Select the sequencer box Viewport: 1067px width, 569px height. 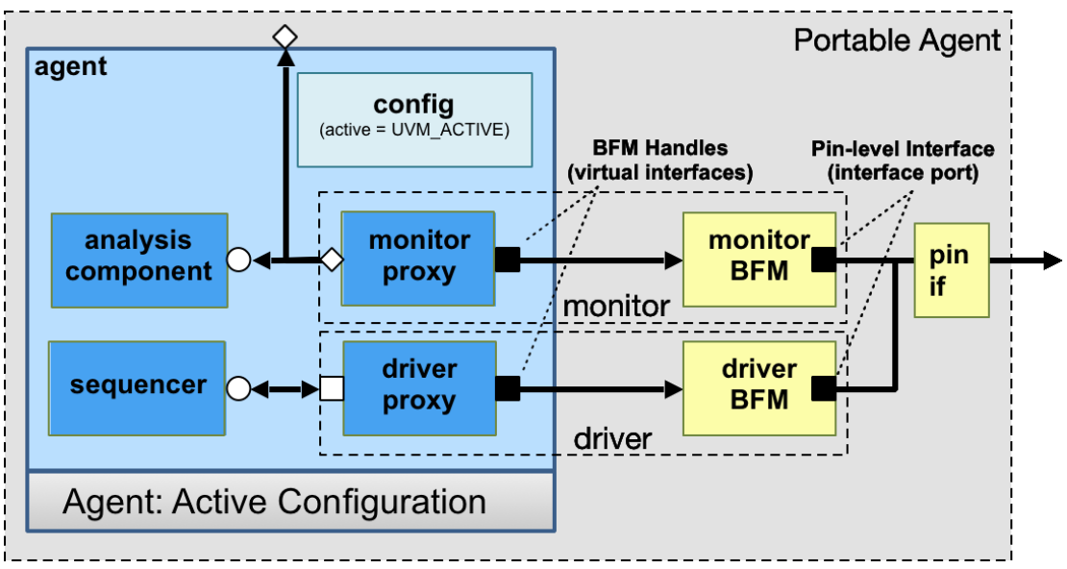click(137, 386)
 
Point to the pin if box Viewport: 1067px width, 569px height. click(951, 270)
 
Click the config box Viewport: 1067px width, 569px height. click(414, 118)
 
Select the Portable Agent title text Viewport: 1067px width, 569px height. click(897, 40)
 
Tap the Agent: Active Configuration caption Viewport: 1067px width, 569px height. click(275, 502)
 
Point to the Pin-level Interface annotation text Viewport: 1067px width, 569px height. click(902, 161)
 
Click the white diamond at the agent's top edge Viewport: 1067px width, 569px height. click(285, 37)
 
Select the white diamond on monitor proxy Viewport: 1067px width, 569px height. click(332, 259)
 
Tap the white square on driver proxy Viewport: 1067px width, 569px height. click(332, 388)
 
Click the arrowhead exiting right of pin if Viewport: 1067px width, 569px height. click(1052, 259)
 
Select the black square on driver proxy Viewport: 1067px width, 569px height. click(507, 388)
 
